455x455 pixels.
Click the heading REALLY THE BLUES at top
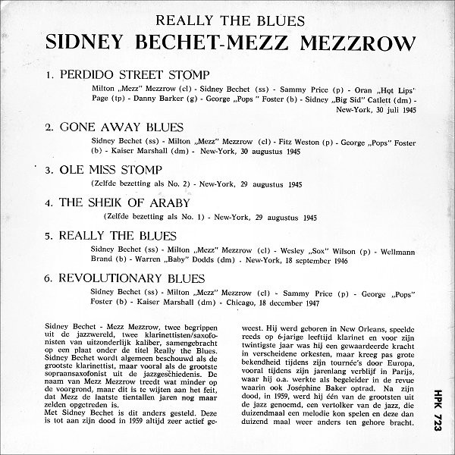click(227, 21)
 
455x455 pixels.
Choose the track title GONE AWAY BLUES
click(121, 127)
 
